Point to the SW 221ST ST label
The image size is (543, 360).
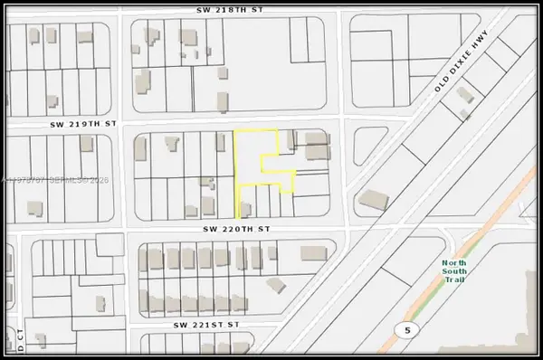[208, 323]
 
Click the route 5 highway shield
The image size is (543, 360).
[407, 331]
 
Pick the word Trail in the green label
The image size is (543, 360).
[455, 279]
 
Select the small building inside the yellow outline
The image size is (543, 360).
[243, 212]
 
